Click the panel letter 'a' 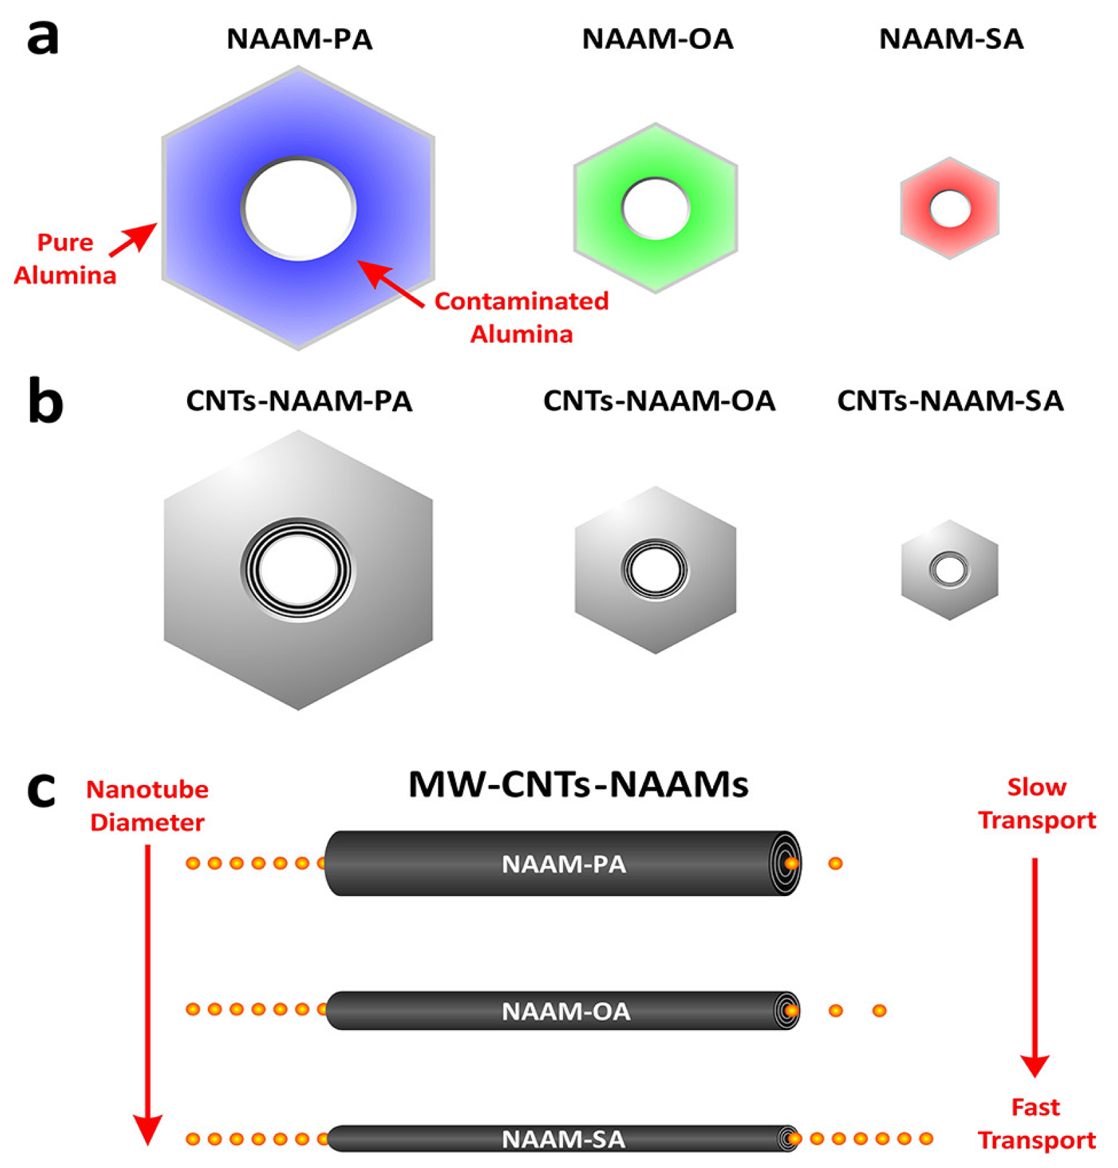[x=42, y=38]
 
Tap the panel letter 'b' [x=45, y=401]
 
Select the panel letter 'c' [x=40, y=790]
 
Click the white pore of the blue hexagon [x=298, y=208]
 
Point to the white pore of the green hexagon [x=656, y=208]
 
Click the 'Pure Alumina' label [x=65, y=259]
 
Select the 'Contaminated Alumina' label [x=521, y=317]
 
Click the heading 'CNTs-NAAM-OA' [x=658, y=400]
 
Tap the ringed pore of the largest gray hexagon [x=298, y=570]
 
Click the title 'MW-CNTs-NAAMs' [x=578, y=784]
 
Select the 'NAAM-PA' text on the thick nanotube [x=564, y=864]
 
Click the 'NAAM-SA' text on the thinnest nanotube [x=564, y=1139]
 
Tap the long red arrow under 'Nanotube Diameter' [x=147, y=991]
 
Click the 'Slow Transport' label [x=1036, y=803]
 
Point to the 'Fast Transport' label [x=1036, y=1123]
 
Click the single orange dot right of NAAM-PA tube [x=835, y=863]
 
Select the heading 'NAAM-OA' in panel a [x=658, y=39]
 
